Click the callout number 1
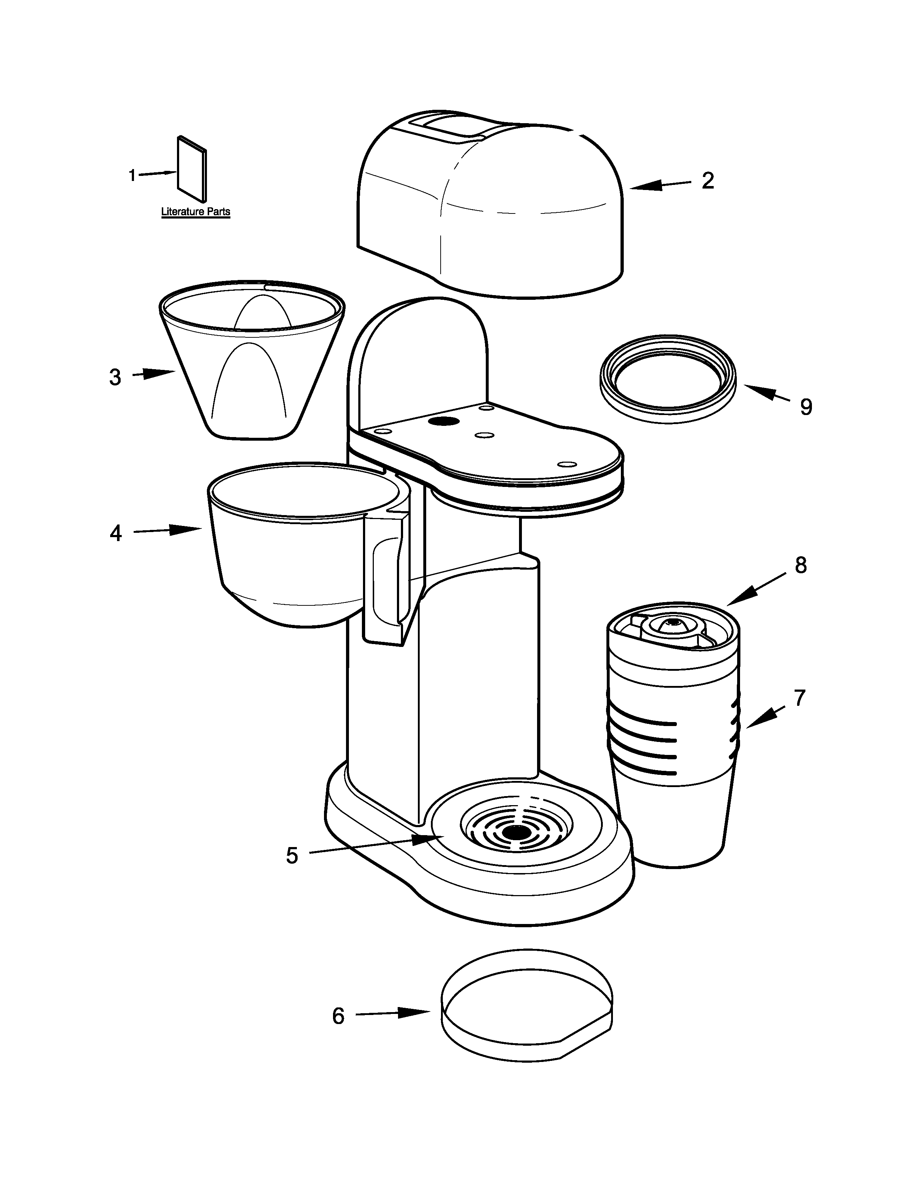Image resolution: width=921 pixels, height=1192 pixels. coord(131,176)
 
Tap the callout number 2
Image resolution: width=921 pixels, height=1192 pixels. coord(708,181)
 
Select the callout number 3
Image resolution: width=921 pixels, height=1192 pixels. coord(114,377)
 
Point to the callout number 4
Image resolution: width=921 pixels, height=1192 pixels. coord(116,533)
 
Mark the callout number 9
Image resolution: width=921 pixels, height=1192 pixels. coord(806,407)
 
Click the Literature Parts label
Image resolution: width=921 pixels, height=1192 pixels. coord(195,212)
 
